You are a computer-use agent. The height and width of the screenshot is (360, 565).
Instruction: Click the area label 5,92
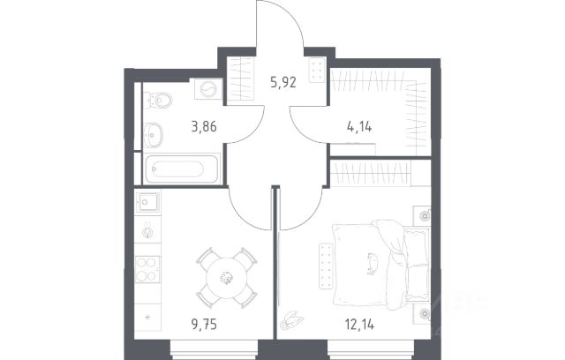[x=283, y=82]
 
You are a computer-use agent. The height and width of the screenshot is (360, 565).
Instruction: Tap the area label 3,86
[x=204, y=127]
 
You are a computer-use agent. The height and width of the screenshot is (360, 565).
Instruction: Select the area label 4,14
[x=359, y=127]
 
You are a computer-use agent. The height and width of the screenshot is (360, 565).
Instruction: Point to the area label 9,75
[x=204, y=325]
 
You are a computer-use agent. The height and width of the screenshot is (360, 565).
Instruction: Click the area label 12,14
[x=359, y=325]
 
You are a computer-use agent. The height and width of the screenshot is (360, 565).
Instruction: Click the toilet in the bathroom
[x=158, y=100]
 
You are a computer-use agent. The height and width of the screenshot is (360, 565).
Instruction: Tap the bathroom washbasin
[x=153, y=135]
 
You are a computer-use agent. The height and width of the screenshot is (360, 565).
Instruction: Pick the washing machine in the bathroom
[x=208, y=88]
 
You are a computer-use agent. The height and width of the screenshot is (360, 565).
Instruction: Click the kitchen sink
[x=147, y=201]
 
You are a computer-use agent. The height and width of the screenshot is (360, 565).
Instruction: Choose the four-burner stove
[x=147, y=269]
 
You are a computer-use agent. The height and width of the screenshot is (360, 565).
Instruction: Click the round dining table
[x=227, y=278]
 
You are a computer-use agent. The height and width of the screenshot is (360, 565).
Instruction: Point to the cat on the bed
[x=372, y=263]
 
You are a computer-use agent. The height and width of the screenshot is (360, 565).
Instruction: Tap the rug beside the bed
[x=326, y=266]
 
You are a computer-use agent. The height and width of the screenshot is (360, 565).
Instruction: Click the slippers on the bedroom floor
[x=293, y=320]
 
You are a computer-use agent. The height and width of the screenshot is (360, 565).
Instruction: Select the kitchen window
[x=214, y=349]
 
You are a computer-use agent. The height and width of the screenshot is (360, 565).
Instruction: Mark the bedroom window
[x=371, y=349]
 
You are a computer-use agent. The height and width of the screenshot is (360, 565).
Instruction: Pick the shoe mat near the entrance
[x=317, y=70]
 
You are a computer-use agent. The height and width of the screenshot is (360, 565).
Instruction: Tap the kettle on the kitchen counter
[x=147, y=230]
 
